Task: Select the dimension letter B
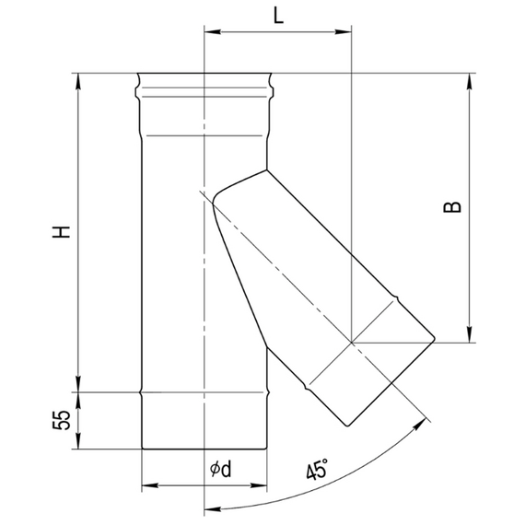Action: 452,208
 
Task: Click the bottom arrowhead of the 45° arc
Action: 209,507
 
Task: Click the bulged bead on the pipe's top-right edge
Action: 272,88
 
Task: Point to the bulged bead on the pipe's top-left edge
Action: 137,88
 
